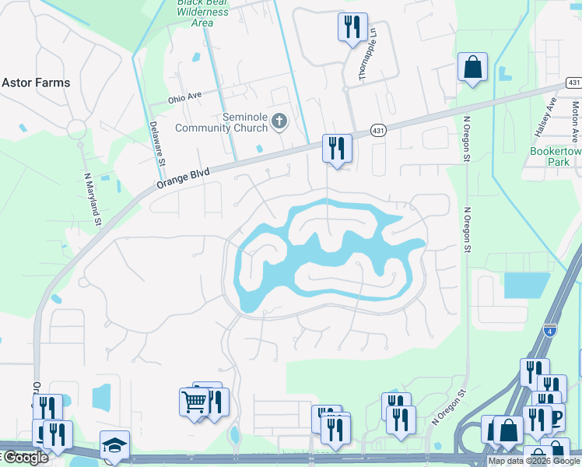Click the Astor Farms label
pos(36,83)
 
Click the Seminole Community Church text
pos(223,122)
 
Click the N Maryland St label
pos(93,199)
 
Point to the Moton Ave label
pos(574,117)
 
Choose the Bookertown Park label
pos(556,156)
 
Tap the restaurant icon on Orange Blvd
pos(337,148)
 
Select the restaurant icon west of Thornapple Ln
pos(352,27)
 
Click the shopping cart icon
pos(195,402)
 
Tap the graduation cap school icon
pos(114,444)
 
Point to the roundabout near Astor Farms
pos(76,129)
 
